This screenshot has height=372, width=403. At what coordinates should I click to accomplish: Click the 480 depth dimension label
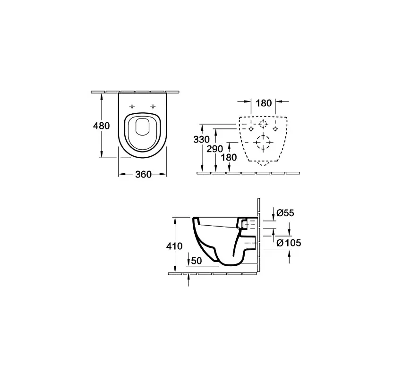click(101, 126)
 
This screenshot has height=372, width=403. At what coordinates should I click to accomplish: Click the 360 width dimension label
click(144, 175)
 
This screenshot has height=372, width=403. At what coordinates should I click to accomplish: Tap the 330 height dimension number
click(201, 139)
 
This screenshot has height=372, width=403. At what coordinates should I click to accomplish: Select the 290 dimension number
click(215, 149)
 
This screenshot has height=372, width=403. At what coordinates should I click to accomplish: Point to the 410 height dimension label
click(174, 246)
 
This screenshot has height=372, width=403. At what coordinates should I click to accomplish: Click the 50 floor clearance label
click(197, 261)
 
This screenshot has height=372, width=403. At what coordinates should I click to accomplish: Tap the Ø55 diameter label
click(285, 213)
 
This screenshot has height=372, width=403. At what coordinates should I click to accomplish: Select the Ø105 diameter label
click(289, 243)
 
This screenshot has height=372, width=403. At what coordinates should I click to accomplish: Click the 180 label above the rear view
click(264, 103)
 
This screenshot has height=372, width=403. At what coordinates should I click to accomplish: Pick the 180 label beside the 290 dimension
click(229, 157)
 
